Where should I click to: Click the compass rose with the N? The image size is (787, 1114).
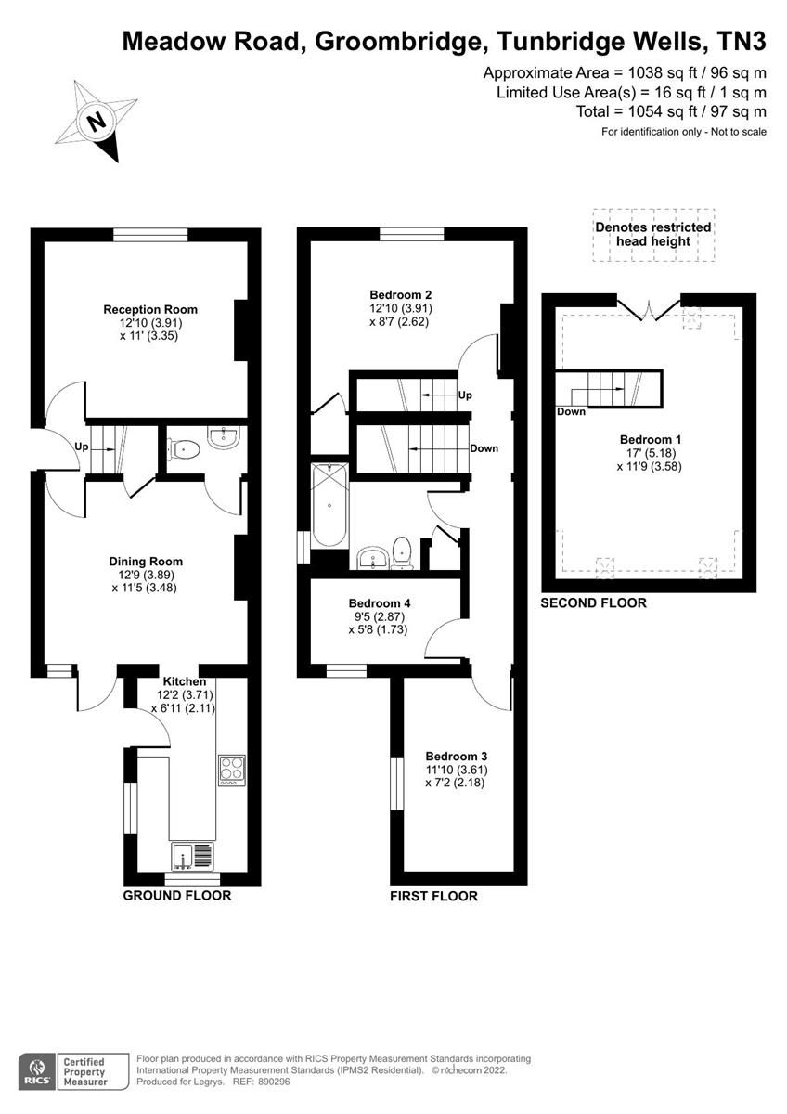point(97,121)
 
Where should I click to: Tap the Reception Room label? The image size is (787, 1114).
point(150,309)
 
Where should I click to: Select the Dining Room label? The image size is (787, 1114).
point(146,561)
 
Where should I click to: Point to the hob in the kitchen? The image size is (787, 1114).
point(231,770)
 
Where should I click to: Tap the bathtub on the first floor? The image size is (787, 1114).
point(329,506)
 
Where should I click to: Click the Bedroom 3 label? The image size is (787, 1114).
point(457,756)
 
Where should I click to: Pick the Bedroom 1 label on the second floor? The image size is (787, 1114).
point(650,440)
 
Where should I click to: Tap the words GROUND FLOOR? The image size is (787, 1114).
point(177,896)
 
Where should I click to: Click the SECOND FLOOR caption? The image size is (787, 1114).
point(594,602)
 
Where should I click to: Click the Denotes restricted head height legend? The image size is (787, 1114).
point(653,234)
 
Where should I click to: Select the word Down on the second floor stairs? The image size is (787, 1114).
point(571,411)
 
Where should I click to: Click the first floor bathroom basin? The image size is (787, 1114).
point(374,556)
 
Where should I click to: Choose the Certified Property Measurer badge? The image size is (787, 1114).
point(83,1069)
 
